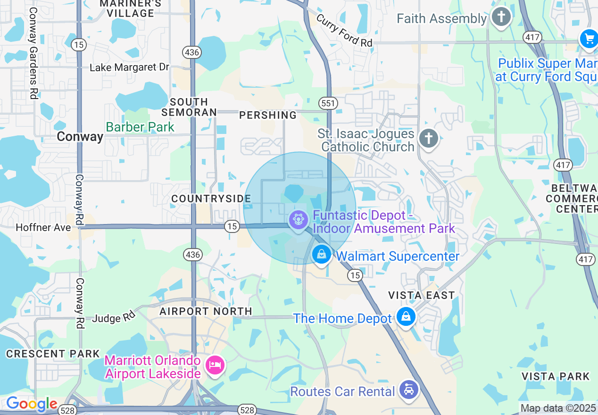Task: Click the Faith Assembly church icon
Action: pos(501,17)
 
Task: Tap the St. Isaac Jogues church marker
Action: pos(428,139)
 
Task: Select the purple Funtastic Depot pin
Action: pos(298,220)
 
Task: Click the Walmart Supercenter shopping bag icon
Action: pos(321,255)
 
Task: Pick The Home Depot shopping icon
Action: pos(406,316)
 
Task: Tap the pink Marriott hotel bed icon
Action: pos(215,365)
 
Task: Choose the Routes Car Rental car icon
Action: pos(408,390)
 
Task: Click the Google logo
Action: pos(32,404)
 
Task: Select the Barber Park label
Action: pos(140,127)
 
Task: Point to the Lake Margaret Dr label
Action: pos(129,67)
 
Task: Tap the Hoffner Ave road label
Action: pos(43,227)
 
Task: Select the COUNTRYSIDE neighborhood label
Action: pos(211,199)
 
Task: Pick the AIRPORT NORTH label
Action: pos(206,311)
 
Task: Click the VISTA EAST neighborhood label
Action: pos(421,295)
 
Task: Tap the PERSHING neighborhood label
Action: pos(268,115)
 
